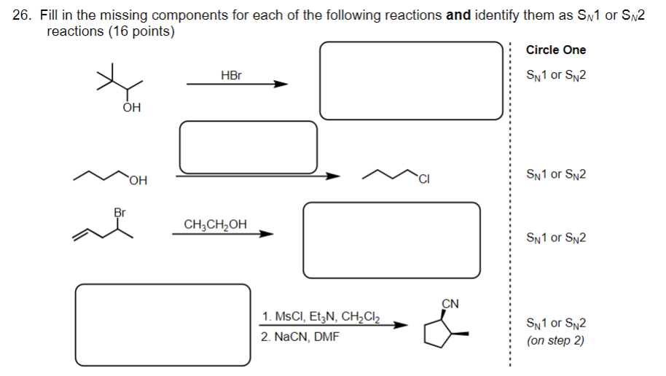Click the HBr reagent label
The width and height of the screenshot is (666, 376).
(230, 75)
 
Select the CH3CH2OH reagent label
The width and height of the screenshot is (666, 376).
(215, 224)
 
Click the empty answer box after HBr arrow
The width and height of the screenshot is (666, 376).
(411, 80)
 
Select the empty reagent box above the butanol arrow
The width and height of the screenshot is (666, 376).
(248, 146)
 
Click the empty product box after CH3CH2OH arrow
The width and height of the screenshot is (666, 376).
(391, 240)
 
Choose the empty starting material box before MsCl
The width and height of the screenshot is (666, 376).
(162, 324)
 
